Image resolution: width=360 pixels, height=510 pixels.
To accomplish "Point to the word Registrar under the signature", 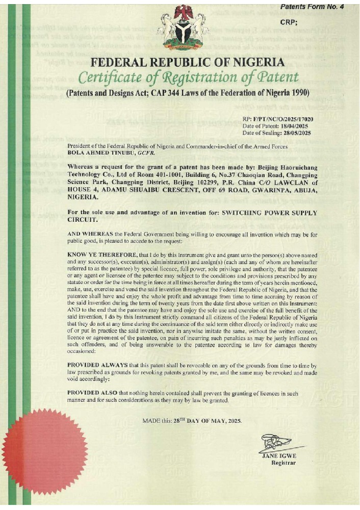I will [x=283, y=463].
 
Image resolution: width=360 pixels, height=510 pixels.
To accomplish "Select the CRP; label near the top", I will [x=289, y=22].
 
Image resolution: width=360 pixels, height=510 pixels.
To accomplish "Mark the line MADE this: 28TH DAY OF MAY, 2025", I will [x=192, y=421].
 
